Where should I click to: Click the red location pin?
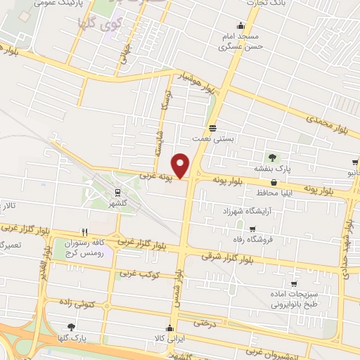coord(181,165)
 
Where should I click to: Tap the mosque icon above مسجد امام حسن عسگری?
coord(242,25)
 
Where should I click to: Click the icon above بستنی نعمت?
coord(212,128)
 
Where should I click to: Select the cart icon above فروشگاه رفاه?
coord(252,229)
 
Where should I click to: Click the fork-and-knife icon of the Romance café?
coord(84,231)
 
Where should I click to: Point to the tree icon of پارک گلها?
coord(70,327)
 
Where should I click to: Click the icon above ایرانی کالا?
coord(169,328)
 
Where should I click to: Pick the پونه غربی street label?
coord(156,174)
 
